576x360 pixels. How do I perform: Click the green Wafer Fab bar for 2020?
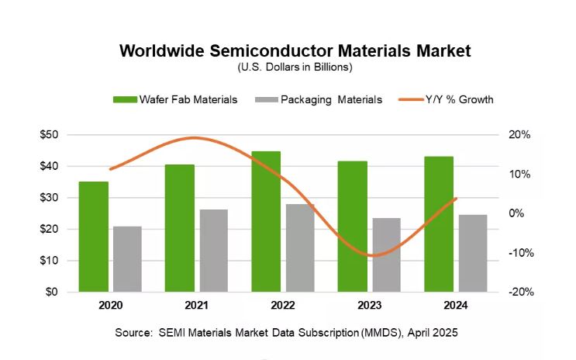pyautogui.click(x=94, y=237)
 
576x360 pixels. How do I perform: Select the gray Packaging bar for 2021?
pyautogui.click(x=214, y=251)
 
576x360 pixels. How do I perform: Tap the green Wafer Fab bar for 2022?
pyautogui.click(x=266, y=222)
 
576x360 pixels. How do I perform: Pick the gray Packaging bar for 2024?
pyautogui.click(x=473, y=254)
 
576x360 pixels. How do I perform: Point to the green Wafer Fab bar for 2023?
pyautogui.click(x=353, y=227)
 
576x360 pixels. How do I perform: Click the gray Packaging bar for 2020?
pyautogui.click(x=127, y=259)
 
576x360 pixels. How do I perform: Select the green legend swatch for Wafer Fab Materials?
pyautogui.click(x=125, y=99)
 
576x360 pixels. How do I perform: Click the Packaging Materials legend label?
pyautogui.click(x=331, y=100)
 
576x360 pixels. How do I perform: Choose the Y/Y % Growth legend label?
pyautogui.click(x=459, y=99)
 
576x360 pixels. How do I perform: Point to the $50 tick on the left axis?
pyautogui.click(x=49, y=134)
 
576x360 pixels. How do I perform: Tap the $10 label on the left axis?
pyautogui.click(x=49, y=261)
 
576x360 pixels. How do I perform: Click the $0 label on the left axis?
pyautogui.click(x=51, y=292)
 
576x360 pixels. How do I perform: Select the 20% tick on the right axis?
pyautogui.click(x=519, y=134)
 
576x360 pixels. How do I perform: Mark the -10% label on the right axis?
pyautogui.click(x=521, y=253)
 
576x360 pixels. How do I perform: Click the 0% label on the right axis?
pyautogui.click(x=516, y=213)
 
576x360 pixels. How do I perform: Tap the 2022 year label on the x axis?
pyautogui.click(x=283, y=305)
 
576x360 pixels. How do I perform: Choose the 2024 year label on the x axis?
pyautogui.click(x=456, y=305)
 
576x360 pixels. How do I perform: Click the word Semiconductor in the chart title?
pyautogui.click(x=271, y=50)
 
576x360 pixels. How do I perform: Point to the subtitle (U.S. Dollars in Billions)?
pyautogui.click(x=295, y=67)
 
